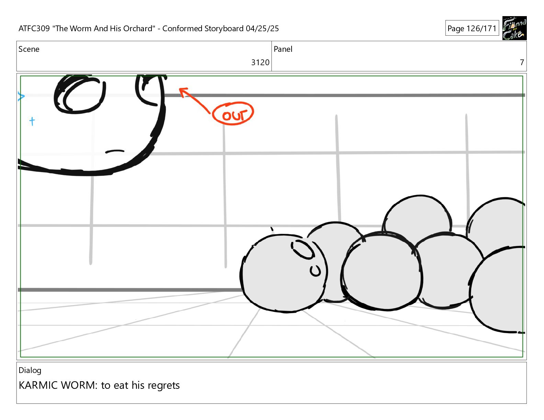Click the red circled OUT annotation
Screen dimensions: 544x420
tap(233, 113)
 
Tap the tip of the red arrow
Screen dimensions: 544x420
tap(180, 88)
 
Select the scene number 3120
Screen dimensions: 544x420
tap(260, 62)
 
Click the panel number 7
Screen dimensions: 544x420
tap(522, 62)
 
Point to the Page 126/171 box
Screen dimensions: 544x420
tap(472, 28)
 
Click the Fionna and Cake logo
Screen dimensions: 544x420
tap(514, 28)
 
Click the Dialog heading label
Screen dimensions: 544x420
tap(30, 371)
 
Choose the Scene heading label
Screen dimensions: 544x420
tap(29, 49)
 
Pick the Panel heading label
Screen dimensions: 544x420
tap(283, 49)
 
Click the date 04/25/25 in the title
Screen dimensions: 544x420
tap(262, 28)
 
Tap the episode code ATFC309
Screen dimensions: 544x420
tap(34, 28)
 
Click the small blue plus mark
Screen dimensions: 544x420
tap(32, 121)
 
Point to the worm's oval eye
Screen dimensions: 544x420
tap(303, 249)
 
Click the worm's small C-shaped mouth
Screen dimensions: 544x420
tap(315, 270)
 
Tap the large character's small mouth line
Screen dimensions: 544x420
tap(115, 151)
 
